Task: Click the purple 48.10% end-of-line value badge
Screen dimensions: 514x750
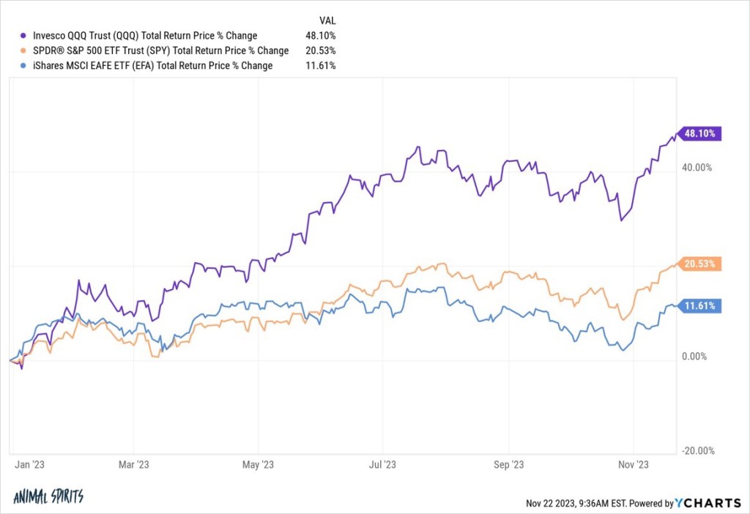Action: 702,134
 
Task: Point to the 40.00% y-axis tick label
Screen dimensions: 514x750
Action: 697,168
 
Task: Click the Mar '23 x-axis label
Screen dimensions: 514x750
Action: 133,464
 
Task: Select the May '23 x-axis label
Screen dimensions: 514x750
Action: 258,464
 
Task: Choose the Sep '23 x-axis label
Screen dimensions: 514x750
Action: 508,464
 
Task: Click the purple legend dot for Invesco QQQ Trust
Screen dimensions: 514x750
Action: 25,35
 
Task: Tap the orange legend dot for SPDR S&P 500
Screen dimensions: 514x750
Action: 25,51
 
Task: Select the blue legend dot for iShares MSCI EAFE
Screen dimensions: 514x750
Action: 25,66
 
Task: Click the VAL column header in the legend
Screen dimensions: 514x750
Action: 328,20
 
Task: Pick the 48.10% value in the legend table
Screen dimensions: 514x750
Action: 321,35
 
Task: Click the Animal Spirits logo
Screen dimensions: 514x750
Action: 48,496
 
